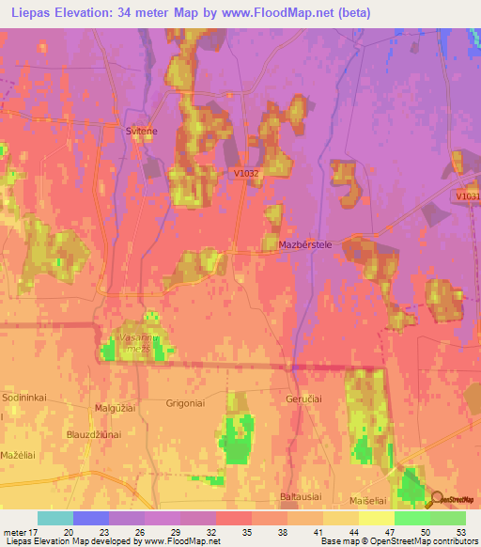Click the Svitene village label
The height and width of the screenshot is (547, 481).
point(143,133)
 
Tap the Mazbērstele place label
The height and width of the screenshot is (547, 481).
point(306,244)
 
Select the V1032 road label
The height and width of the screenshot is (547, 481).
point(246,174)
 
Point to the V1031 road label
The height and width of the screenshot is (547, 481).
point(467,195)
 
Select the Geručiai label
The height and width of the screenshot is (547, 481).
point(304,399)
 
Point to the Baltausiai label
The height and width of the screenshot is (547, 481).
point(303,495)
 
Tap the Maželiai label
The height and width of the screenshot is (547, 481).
point(19,454)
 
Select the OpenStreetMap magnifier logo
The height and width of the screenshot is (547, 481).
point(438,499)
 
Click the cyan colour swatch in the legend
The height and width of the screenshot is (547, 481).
point(54,518)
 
